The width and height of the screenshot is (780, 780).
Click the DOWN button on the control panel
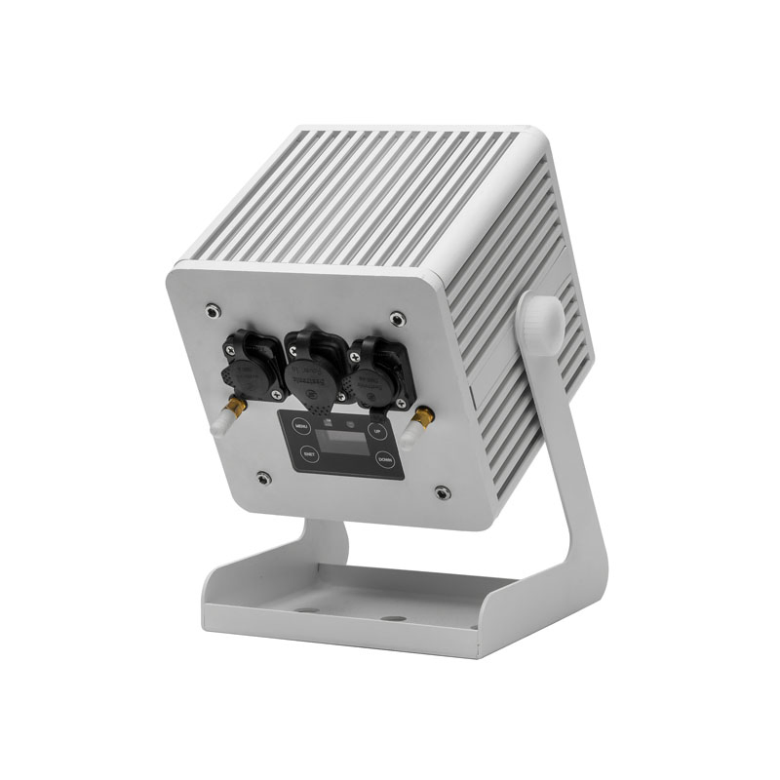tap(385, 458)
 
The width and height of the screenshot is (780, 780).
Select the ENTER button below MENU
tap(308, 453)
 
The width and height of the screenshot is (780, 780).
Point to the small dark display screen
tap(343, 443)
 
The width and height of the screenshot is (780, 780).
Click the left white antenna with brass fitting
tap(220, 418)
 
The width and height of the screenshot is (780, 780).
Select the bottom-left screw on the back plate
tap(263, 477)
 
